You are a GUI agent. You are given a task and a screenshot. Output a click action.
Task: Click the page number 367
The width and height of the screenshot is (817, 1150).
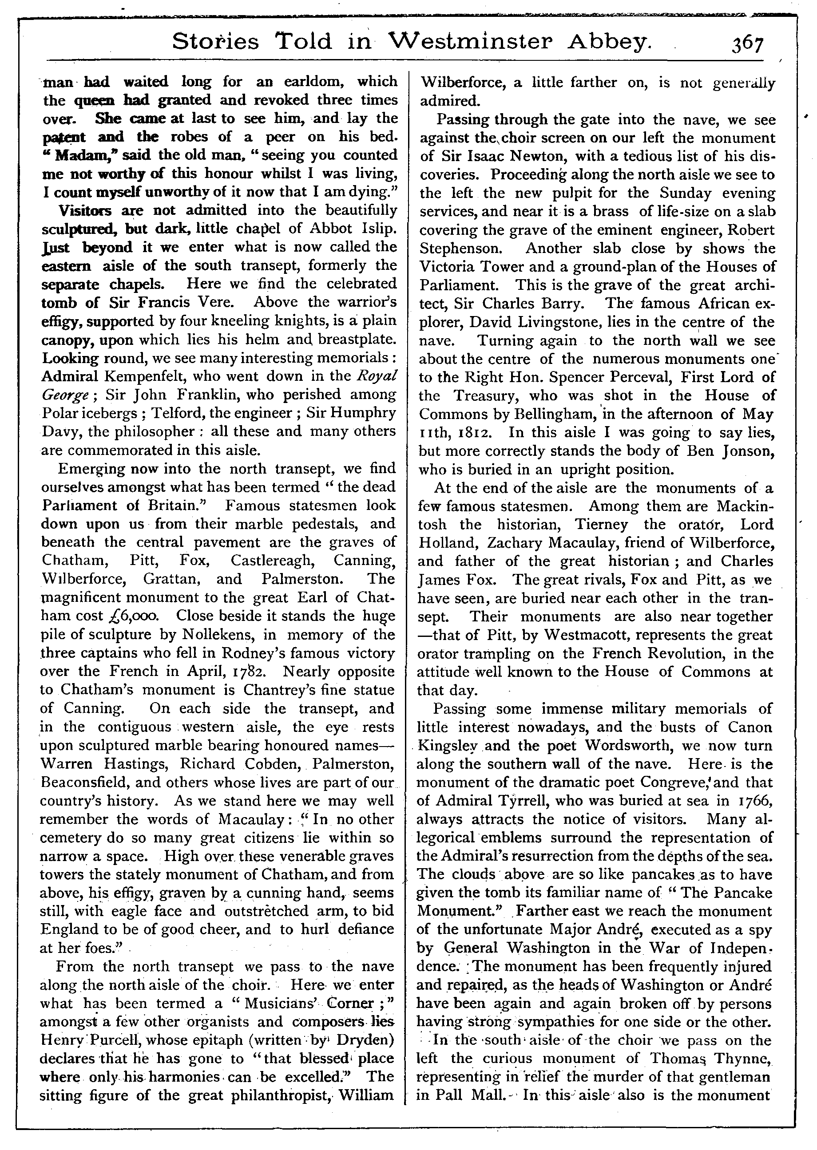click(x=748, y=44)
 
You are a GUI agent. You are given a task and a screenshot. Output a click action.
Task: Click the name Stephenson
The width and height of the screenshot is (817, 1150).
click(x=462, y=249)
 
